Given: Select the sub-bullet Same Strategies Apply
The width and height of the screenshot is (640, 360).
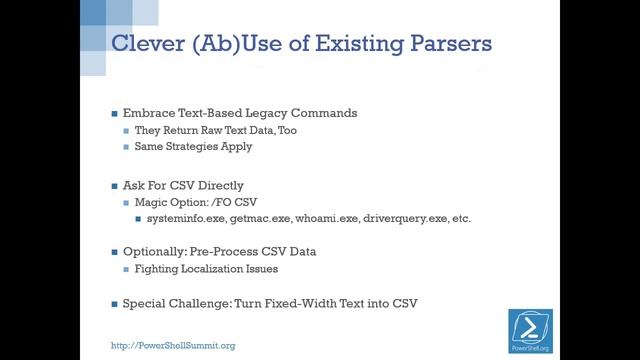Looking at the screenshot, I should click(x=194, y=147).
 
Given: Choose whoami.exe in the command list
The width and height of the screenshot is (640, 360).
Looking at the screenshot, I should click(x=328, y=218).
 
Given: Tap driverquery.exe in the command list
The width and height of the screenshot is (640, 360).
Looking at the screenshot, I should click(x=406, y=218).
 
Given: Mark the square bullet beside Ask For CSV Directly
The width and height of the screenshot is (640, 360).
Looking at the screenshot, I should click(x=114, y=185).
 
